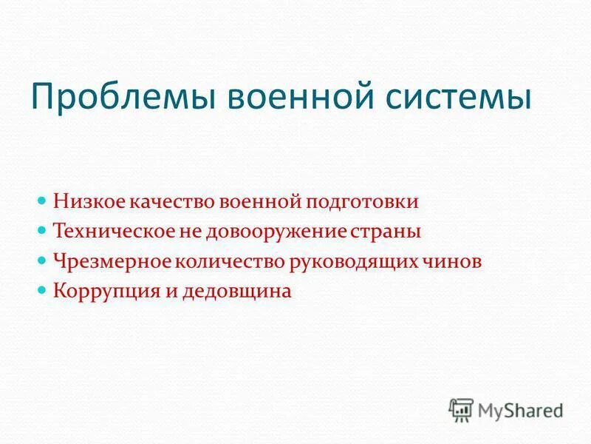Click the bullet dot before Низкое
point(42,201)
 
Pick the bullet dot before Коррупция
point(42,291)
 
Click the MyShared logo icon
point(461,408)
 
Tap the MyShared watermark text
point(521,409)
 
